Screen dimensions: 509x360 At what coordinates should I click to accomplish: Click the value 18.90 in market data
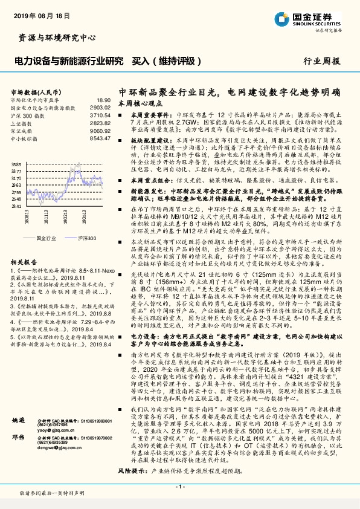pyautogui.click(x=103, y=100)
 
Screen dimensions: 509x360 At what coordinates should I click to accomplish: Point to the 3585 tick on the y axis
pyautogui.click(x=16, y=164)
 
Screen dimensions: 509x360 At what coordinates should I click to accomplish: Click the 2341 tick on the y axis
pyautogui.click(x=16, y=206)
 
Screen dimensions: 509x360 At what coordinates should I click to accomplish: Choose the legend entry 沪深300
pyautogui.click(x=87, y=238)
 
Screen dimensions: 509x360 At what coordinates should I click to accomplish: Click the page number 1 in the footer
pyautogui.click(x=180, y=487)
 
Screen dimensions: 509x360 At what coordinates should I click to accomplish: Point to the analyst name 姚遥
pyautogui.click(x=19, y=418)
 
